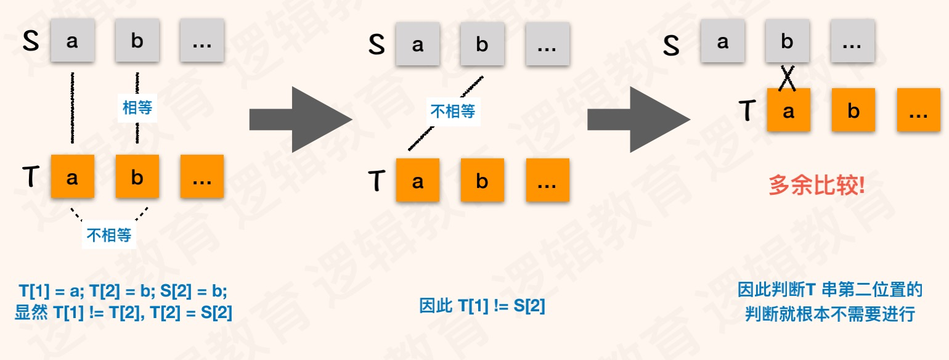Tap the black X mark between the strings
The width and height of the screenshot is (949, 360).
click(x=787, y=78)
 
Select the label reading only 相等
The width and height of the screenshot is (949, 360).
click(x=137, y=108)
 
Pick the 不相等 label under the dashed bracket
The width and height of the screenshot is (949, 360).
click(x=110, y=234)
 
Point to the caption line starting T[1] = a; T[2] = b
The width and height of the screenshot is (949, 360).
click(x=123, y=292)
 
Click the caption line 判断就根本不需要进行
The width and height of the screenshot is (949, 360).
click(x=829, y=313)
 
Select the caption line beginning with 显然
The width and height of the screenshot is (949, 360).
click(x=123, y=313)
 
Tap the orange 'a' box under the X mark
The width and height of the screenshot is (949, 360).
click(x=788, y=110)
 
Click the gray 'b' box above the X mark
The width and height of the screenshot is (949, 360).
click(x=787, y=41)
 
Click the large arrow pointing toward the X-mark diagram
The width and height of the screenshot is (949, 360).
click(x=638, y=119)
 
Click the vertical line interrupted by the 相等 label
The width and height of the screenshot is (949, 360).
click(x=137, y=133)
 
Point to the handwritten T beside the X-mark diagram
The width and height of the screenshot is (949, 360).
click(x=747, y=110)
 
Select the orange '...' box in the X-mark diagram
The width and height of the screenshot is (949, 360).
click(x=918, y=110)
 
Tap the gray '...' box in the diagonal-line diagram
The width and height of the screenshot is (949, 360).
click(x=547, y=44)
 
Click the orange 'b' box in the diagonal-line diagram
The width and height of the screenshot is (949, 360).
click(x=482, y=181)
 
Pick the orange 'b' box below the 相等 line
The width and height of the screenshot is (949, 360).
click(x=137, y=176)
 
